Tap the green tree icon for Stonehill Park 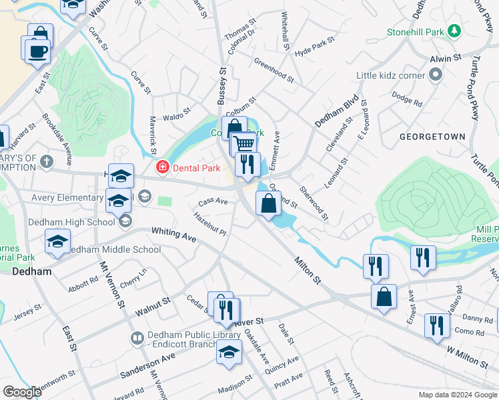pos(454,31)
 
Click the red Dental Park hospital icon pos(161,167)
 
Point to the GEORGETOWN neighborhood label pos(432,136)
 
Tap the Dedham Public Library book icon pos(137,339)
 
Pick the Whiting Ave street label pos(173,234)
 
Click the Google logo pos(22,392)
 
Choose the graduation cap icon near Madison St pos(229,353)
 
